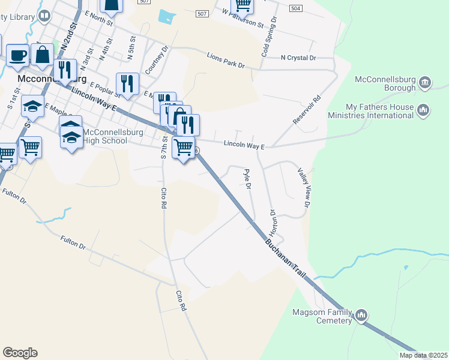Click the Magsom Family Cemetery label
pyautogui.click(x=322, y=316)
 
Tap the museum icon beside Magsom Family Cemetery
pyautogui.click(x=361, y=315)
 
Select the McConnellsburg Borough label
pyautogui.click(x=385, y=83)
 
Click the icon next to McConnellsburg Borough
pyautogui.click(x=424, y=82)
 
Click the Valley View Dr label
pyautogui.click(x=303, y=188)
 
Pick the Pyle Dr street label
pyautogui.click(x=247, y=178)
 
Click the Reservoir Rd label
pyautogui.click(x=307, y=110)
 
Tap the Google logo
pyautogui.click(x=20, y=353)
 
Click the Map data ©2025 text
pyautogui.click(x=423, y=355)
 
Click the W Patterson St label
pyautogui.click(x=243, y=19)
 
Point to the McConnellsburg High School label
pyautogui.click(x=105, y=136)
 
